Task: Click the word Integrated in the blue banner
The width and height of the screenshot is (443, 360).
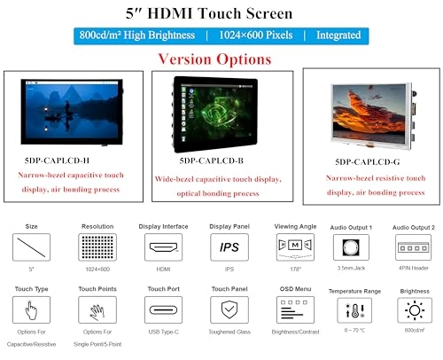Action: pyautogui.click(x=338, y=35)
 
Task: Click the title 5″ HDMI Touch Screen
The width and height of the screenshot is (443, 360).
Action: pyautogui.click(x=221, y=13)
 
